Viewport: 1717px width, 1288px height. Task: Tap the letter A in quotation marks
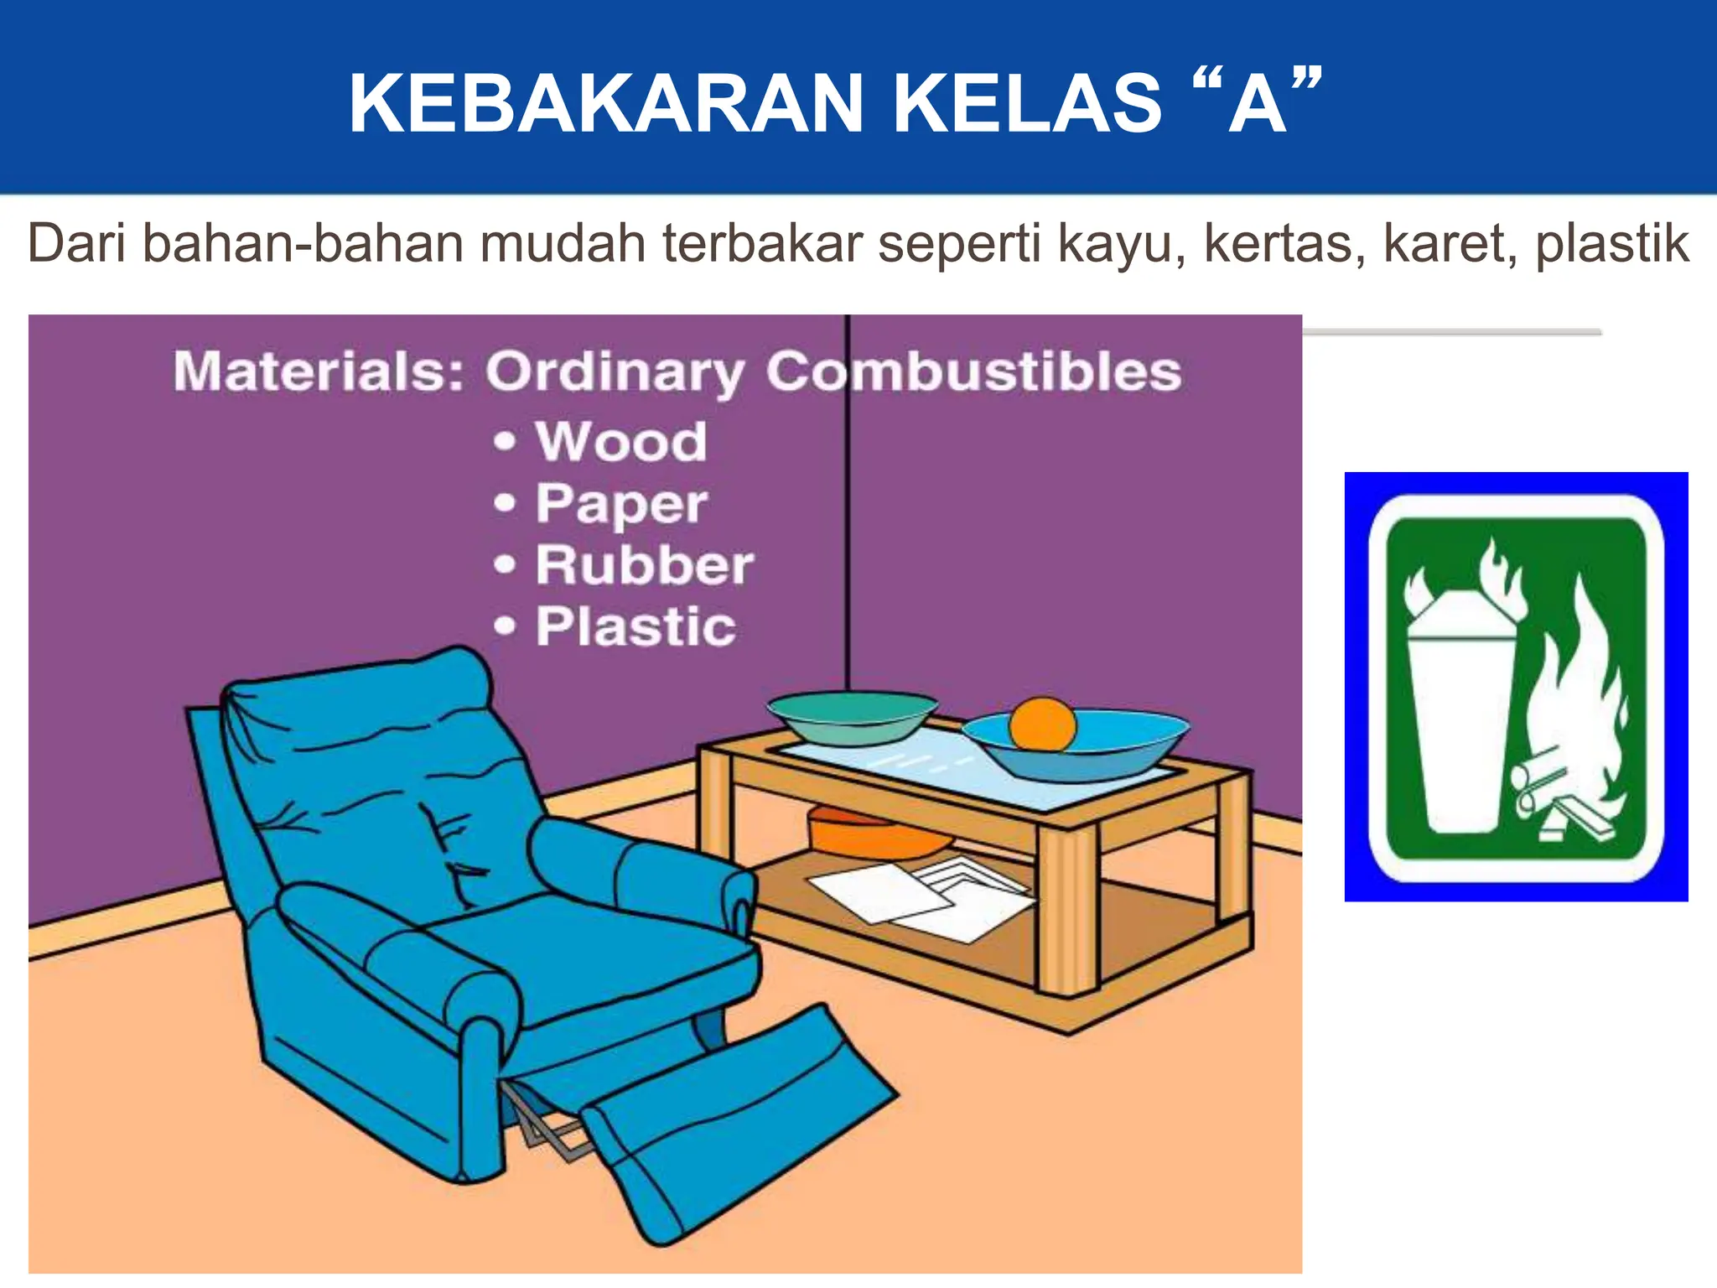[1257, 104]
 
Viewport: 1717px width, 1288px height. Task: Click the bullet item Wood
[621, 441]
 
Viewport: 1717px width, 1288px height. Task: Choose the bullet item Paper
[621, 504]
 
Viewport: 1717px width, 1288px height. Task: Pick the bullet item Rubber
[644, 565]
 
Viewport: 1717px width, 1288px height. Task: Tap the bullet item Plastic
[635, 627]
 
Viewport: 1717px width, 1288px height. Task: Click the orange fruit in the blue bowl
[1042, 724]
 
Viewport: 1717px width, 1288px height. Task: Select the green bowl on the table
[852, 718]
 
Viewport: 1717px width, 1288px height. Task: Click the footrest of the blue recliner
[738, 1124]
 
